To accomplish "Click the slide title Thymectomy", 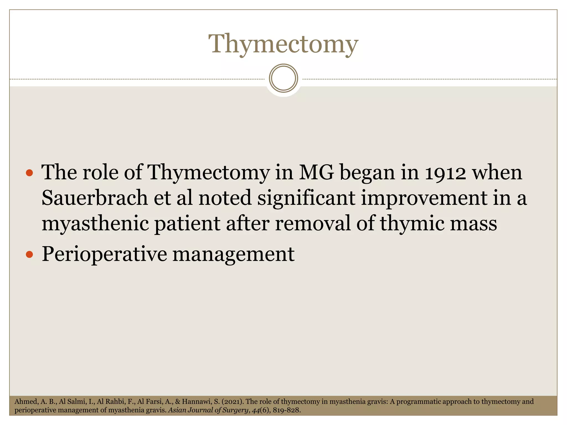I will (283, 44).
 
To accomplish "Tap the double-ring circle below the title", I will (283, 78).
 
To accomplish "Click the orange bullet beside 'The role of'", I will (29, 173).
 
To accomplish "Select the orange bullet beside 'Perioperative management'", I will (29, 254).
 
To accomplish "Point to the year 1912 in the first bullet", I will (445, 173).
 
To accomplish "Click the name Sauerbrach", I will (95, 198).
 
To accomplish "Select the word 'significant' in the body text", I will (306, 198).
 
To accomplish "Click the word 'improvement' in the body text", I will (424, 198).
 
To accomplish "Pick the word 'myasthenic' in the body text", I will (95, 224).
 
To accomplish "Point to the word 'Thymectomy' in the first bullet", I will (208, 173).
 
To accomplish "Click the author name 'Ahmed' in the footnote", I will (25, 401).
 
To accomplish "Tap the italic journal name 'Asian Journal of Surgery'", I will (208, 410).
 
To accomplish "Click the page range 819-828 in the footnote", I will (286, 410).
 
